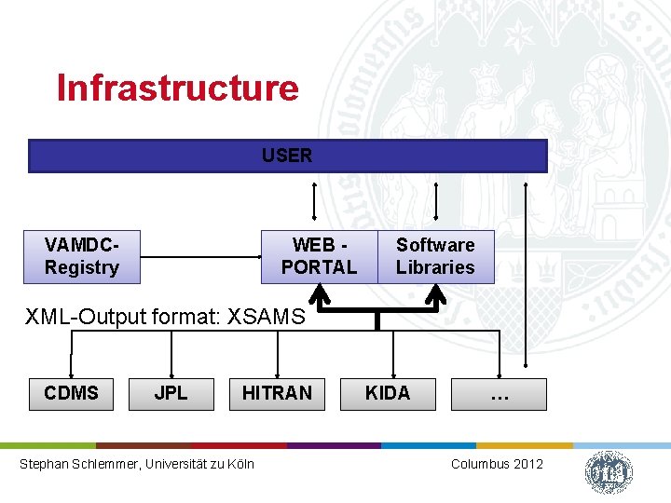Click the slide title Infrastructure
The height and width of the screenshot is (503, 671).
point(177,88)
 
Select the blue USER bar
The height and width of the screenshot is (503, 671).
point(287,156)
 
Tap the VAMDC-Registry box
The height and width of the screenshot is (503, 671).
point(82,256)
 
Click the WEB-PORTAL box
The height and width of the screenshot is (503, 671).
point(319,256)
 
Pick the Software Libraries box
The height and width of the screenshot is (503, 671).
point(435,256)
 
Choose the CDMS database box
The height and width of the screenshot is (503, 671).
point(71,393)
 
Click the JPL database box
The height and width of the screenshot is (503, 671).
point(171,393)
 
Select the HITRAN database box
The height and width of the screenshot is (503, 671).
point(277,393)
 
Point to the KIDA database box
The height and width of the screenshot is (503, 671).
point(388,393)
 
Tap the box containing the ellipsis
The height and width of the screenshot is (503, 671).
point(499,394)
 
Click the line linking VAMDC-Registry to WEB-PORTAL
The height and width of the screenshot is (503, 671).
point(200,257)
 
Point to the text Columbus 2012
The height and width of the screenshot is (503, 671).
point(497,464)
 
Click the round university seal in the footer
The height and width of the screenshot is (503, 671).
point(609,471)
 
